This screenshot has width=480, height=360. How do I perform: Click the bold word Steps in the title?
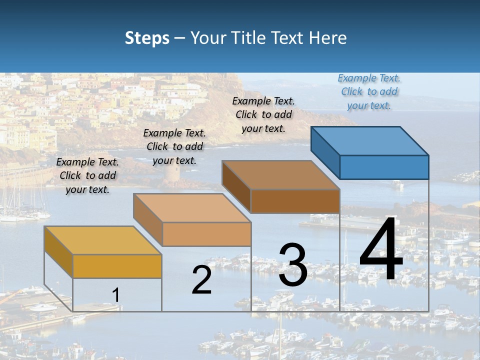147,38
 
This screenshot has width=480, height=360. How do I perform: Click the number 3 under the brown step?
292,265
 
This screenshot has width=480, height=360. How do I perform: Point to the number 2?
201,280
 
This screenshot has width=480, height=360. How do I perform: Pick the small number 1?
115,295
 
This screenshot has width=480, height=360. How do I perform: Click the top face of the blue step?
370,140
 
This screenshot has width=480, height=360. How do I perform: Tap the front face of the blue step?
384,167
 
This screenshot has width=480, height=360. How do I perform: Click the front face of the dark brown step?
295,201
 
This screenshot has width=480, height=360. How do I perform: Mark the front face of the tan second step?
206,234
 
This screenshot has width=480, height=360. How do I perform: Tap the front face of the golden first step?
117,266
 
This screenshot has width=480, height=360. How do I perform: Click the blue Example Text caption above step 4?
369,92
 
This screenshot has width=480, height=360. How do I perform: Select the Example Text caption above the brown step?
263,114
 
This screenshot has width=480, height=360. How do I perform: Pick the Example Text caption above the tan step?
174,146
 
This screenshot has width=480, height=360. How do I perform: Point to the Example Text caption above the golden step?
87,175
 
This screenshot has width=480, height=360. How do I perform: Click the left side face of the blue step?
325,152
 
